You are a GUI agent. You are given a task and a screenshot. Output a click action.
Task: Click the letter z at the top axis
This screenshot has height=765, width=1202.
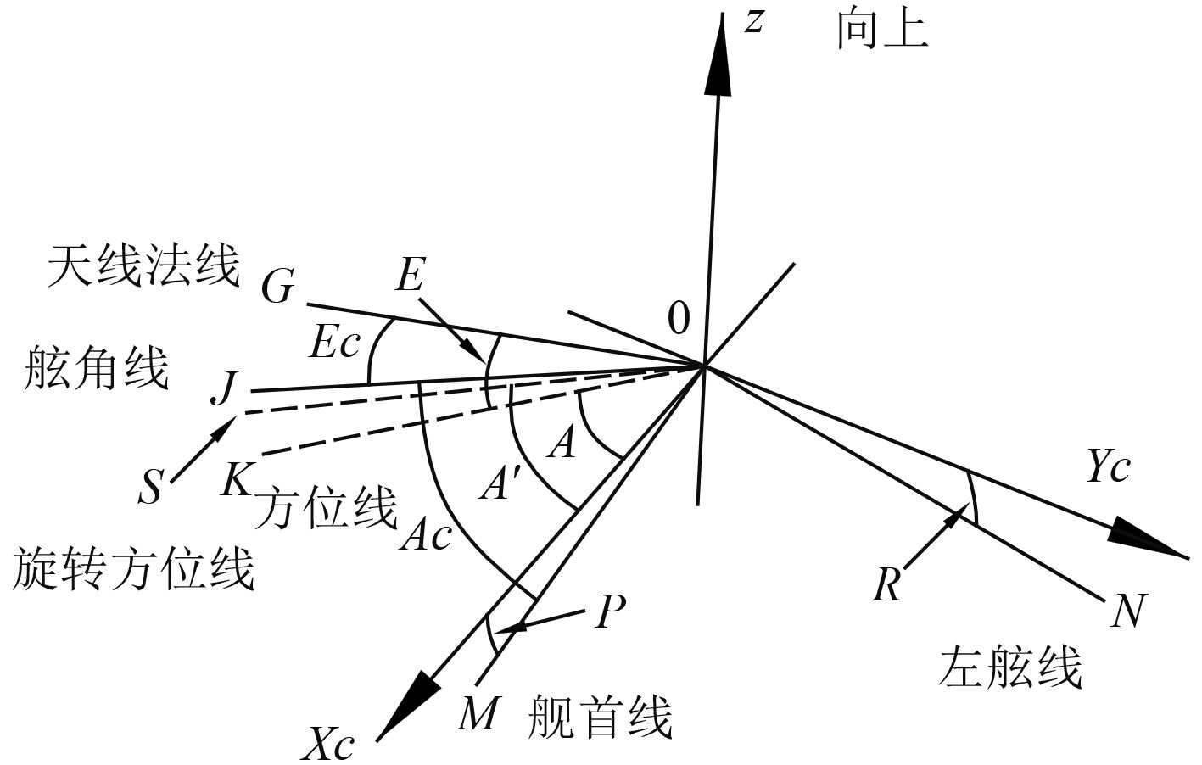coord(753,22)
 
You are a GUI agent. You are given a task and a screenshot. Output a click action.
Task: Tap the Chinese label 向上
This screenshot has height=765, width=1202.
coord(882,31)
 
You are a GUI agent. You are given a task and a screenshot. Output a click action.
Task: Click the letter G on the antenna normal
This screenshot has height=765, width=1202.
coord(277,288)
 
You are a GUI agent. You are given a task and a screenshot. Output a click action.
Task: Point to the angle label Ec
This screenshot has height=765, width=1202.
coord(335,343)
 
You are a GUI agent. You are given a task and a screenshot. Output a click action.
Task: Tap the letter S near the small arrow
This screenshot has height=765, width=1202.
coord(150,488)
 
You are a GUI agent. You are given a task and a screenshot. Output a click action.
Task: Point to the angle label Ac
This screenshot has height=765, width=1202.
coord(427,534)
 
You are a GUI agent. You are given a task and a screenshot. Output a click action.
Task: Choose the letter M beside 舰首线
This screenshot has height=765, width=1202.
coord(477,713)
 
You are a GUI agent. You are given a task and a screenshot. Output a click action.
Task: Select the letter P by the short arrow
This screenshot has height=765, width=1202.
coord(610,611)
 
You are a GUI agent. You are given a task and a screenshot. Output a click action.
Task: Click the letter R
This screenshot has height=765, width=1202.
coord(886,586)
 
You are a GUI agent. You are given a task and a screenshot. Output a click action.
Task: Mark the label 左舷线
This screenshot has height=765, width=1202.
coord(1010,666)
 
